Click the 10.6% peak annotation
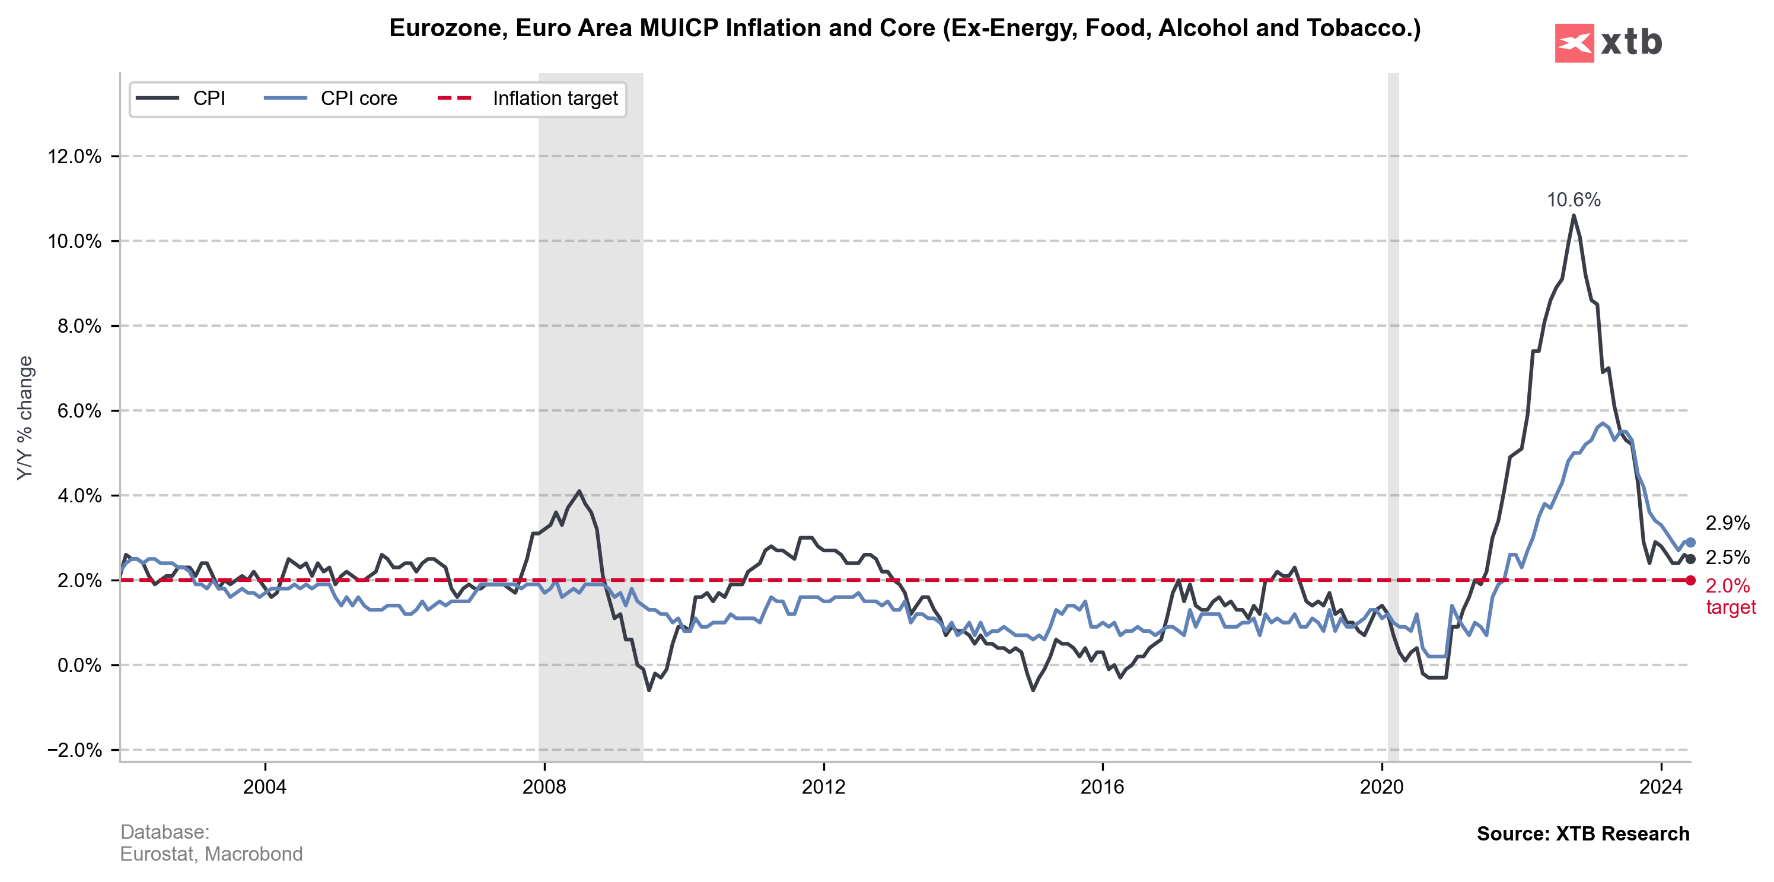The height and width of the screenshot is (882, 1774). [1573, 200]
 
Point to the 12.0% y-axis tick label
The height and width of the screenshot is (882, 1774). [74, 157]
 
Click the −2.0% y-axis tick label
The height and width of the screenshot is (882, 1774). [74, 750]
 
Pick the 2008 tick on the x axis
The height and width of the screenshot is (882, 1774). [544, 787]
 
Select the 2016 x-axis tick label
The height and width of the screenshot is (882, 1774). [1103, 787]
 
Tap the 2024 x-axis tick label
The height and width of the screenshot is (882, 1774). [1660, 787]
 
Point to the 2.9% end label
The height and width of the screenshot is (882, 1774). [1727, 523]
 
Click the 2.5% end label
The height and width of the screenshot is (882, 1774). [1727, 558]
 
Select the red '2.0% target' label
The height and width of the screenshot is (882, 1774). [1730, 596]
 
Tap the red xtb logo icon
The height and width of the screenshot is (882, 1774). [1574, 43]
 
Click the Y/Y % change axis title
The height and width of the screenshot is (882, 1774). [26, 418]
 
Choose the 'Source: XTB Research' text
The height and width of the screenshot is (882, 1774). [1582, 834]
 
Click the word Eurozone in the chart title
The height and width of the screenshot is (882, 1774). [448, 28]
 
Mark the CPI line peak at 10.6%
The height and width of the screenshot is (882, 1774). [1574, 215]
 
